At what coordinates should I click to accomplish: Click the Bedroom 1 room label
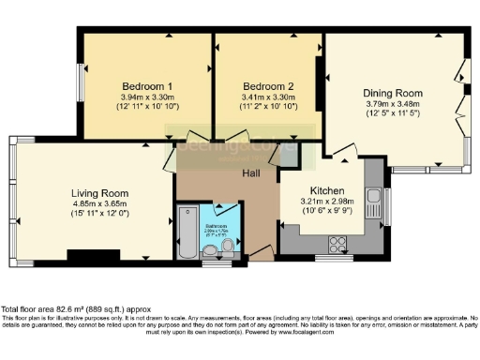coord(139,85)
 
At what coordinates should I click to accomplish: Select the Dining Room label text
coord(393,94)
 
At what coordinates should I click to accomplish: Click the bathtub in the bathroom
coord(186,232)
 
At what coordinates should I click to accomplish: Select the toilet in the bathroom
coord(226,247)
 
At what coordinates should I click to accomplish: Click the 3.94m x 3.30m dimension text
coord(139,97)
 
